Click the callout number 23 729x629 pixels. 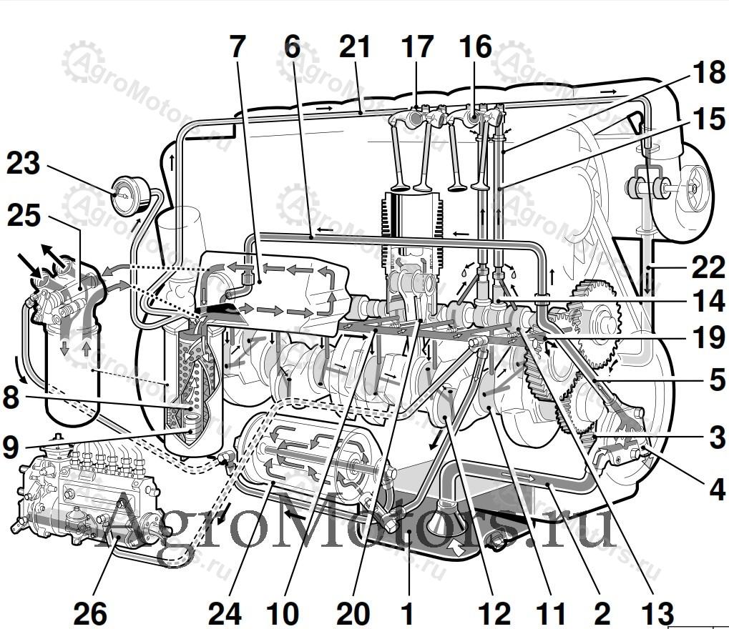(23, 164)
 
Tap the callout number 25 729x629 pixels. (24, 216)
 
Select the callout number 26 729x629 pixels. (90, 613)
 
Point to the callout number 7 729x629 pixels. (237, 47)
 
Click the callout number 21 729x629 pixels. (355, 47)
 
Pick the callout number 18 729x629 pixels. (708, 72)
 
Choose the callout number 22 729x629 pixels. (708, 267)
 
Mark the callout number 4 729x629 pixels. (717, 489)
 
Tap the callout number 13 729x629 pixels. (657, 613)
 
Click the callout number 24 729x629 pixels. (225, 613)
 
